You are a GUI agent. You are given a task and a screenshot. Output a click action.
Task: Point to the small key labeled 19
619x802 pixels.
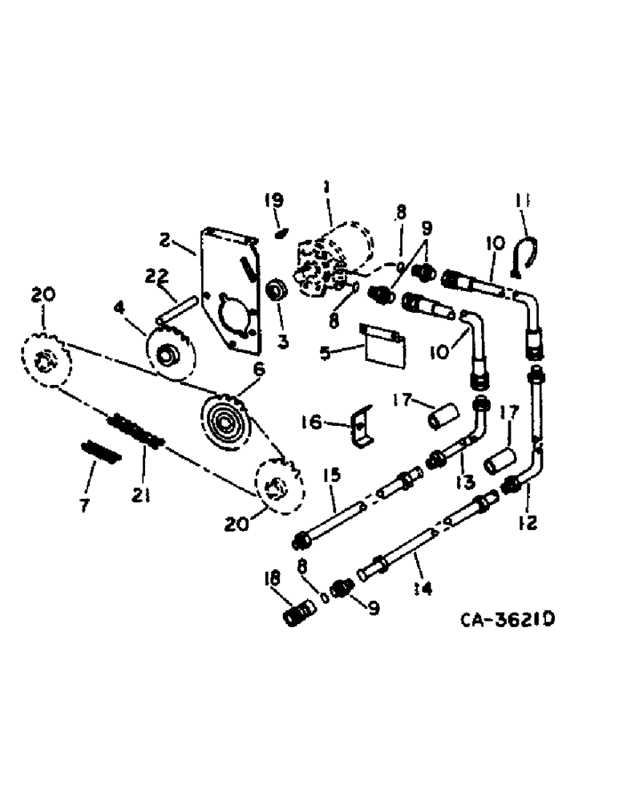(x=280, y=234)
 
